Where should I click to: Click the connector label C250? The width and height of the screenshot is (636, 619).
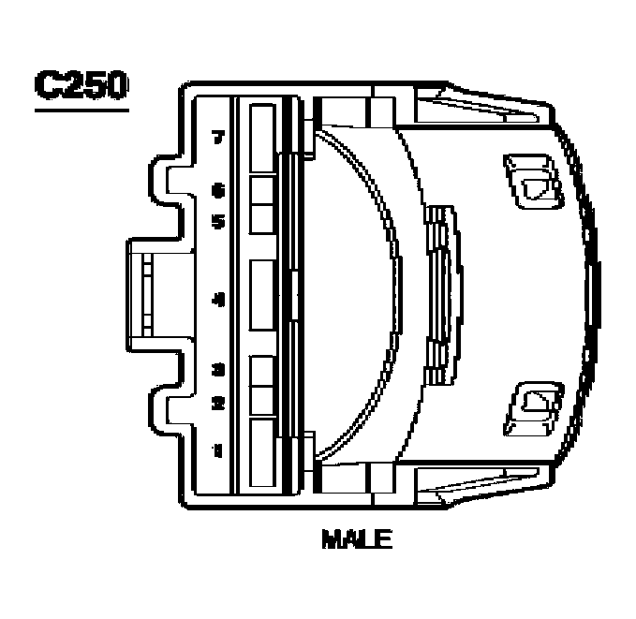point(80,85)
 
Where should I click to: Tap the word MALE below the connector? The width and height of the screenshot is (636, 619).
point(356,540)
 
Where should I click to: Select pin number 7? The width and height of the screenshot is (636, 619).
point(218,139)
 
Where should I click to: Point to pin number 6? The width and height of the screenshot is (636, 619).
point(218,191)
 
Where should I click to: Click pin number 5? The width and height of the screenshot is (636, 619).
point(218,222)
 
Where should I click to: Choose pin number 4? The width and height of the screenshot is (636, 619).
point(218,301)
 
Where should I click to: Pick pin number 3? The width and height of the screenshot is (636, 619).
point(218,369)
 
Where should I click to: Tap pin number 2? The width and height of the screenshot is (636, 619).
point(218,404)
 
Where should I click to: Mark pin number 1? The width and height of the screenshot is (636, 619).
point(218,450)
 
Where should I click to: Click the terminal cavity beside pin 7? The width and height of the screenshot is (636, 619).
point(263,138)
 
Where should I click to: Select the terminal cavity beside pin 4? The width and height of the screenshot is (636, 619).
point(263,296)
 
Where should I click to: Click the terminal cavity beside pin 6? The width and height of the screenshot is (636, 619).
point(263,190)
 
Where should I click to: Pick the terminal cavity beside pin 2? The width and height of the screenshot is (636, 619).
point(263,400)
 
